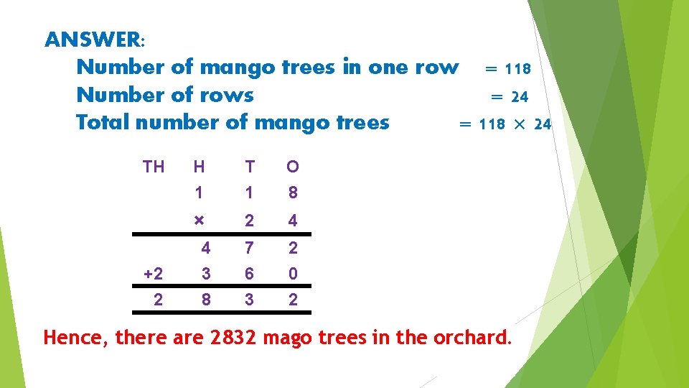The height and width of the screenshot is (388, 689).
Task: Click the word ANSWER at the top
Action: coord(93,39)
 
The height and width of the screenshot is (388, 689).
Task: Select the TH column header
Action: coord(154,167)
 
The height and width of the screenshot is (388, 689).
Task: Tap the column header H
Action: coord(199,167)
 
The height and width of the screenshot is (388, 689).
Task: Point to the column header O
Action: coord(293,167)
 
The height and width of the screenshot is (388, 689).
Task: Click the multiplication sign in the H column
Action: coord(199,220)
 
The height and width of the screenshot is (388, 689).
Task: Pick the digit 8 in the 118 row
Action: coord(293,193)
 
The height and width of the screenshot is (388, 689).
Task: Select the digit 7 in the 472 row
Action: coord(249,249)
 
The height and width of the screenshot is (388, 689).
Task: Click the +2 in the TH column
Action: coord(154,274)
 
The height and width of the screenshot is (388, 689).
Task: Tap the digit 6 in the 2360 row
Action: coord(249,274)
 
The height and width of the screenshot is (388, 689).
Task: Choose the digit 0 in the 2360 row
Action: coord(293,274)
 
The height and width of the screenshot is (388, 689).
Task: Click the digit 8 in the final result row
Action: coord(206,300)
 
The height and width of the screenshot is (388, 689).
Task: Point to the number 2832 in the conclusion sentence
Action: coord(235,337)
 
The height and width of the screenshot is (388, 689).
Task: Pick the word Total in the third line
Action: coord(103,122)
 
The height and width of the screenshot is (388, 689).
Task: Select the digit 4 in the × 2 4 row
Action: coord(293,221)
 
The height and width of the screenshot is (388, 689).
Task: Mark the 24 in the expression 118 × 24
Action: coord(543,124)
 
